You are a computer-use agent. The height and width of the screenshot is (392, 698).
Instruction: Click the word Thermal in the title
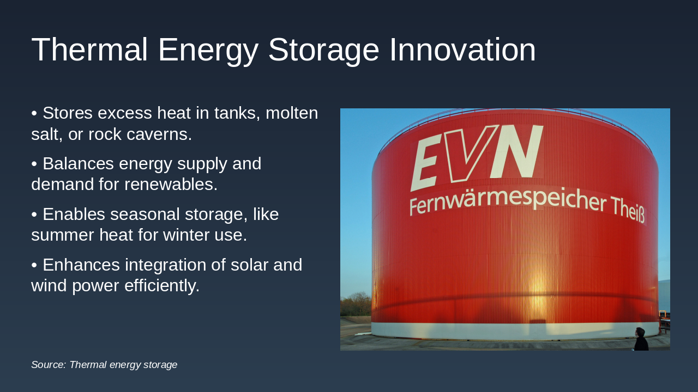(89, 50)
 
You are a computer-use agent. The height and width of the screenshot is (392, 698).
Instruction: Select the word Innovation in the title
(462, 50)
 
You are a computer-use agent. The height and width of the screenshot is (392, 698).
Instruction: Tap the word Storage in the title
(323, 50)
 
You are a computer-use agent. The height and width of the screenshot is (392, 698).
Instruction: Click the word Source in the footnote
(48, 365)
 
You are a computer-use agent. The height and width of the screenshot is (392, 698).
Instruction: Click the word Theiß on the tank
(627, 210)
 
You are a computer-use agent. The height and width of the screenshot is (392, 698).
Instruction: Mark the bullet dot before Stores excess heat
(34, 114)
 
